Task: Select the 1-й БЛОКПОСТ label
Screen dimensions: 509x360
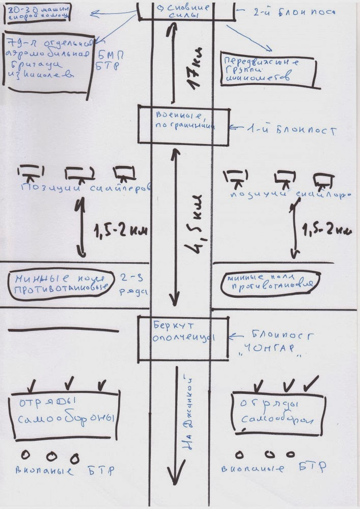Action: pyautogui.click(x=285, y=130)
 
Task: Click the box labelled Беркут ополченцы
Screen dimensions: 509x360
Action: pyautogui.click(x=182, y=337)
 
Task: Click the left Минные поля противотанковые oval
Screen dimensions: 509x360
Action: pyautogui.click(x=61, y=284)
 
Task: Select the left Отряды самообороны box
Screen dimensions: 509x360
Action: pyautogui.click(x=65, y=414)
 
